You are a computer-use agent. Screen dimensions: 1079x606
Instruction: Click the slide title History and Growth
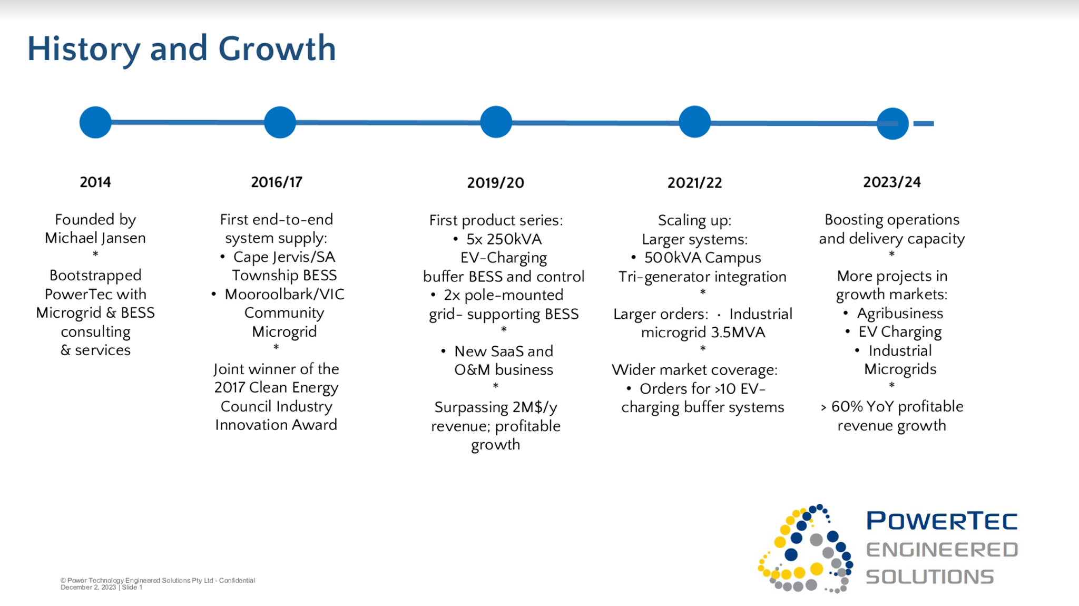tap(181, 49)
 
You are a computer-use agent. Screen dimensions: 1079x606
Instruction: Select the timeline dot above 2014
tap(95, 122)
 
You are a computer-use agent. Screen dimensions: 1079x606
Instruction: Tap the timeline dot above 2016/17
tap(280, 122)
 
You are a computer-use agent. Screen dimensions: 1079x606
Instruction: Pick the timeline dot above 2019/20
tap(496, 122)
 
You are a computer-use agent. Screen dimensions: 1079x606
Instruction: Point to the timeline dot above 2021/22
tap(694, 122)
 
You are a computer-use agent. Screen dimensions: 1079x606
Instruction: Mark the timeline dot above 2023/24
tap(892, 124)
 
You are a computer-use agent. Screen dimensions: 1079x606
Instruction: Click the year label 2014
tap(95, 182)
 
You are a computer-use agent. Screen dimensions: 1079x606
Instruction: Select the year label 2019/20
tap(496, 183)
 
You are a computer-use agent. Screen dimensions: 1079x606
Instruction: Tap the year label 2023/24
tap(892, 182)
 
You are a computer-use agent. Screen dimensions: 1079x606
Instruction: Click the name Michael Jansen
tap(95, 238)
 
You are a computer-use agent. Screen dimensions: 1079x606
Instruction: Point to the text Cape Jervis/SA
tap(284, 257)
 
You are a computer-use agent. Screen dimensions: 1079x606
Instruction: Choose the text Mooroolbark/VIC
tap(285, 294)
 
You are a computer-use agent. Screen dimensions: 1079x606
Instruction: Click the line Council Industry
tap(277, 407)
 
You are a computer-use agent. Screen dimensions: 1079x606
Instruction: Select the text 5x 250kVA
tap(504, 239)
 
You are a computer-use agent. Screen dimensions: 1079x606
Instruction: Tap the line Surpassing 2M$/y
tap(496, 408)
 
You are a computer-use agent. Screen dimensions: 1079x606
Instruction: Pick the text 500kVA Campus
tap(703, 258)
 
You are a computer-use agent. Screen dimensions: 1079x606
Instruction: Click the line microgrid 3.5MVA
tap(703, 333)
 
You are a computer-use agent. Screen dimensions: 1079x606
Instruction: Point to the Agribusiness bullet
tap(900, 314)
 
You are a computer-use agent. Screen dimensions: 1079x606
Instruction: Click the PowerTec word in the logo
tap(942, 521)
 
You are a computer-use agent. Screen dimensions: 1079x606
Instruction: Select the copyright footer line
tap(158, 580)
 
